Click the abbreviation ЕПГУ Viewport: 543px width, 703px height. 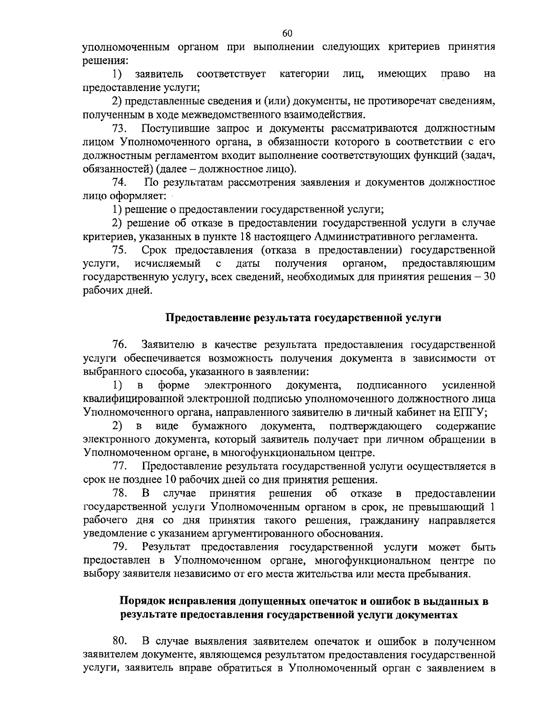469,413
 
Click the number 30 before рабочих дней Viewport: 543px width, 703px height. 490,277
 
